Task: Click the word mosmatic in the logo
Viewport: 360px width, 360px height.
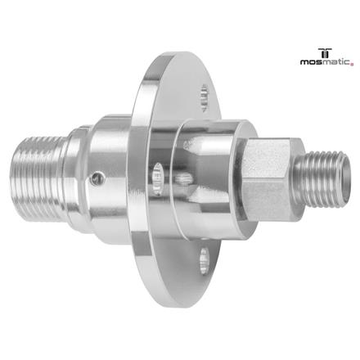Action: coord(325,60)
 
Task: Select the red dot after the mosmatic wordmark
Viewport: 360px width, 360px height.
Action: coord(352,62)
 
